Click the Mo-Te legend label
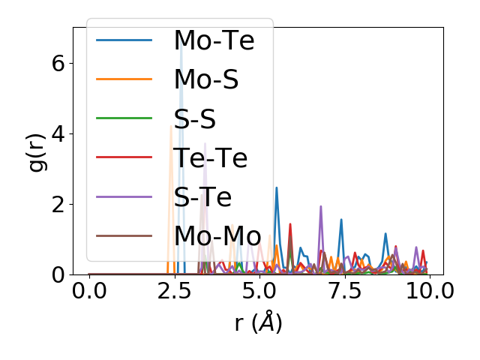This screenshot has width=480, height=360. coord(214,40)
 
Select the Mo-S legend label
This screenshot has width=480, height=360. coord(206,79)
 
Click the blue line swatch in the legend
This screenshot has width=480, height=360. coord(124,40)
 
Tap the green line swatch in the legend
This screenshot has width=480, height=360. coord(124,118)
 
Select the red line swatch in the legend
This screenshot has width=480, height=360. coord(124,157)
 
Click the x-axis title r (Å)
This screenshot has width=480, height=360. coord(257,322)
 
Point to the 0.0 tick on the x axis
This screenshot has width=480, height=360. coord(89,290)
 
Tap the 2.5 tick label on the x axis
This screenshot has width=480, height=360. coord(174,290)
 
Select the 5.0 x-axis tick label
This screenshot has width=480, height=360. coord(259,290)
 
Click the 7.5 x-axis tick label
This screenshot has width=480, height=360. coord(343,290)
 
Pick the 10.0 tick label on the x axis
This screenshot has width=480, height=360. coord(428,290)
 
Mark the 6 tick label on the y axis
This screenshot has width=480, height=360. coord(58,63)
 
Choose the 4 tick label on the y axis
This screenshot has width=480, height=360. coord(58,133)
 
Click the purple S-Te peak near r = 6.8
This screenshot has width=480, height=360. coord(321,207)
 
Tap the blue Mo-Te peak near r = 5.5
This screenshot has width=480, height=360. coord(277,188)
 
